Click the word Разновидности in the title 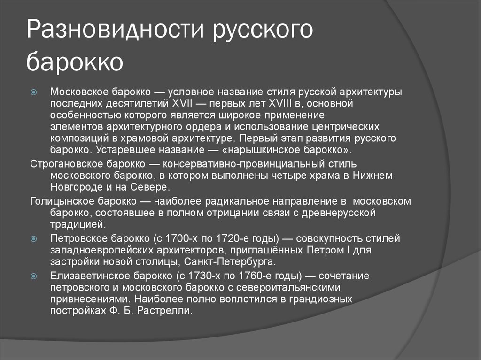115,29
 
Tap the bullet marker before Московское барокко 34,92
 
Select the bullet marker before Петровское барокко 34,238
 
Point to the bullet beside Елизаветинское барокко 34,276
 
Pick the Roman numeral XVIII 280,103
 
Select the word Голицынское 62,201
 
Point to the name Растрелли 165,311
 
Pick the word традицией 78,224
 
